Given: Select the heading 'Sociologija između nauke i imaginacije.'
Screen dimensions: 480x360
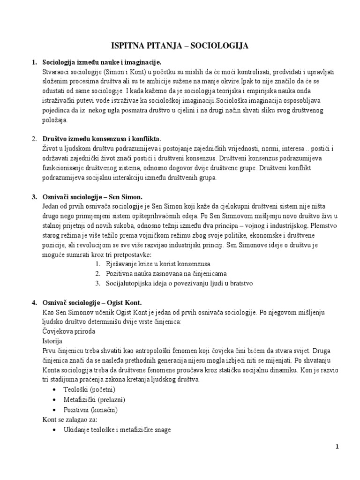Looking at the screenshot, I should [102, 62].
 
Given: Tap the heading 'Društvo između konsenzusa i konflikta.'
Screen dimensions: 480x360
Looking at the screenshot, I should [102, 139].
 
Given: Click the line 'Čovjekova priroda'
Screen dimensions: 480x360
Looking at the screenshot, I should [68, 331].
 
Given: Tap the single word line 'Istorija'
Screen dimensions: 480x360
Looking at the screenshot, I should [52, 341].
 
